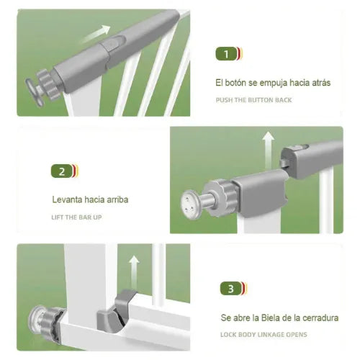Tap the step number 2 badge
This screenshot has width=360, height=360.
point(63,171)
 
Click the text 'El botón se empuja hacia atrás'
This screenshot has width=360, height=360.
point(273,83)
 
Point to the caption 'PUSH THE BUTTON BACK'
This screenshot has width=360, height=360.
point(254,100)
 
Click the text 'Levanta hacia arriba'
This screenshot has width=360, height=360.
point(90,199)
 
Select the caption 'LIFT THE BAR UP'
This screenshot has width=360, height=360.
point(76,217)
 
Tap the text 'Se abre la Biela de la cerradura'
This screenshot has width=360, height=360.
point(280,318)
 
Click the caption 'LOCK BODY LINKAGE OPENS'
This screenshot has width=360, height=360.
point(264,335)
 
